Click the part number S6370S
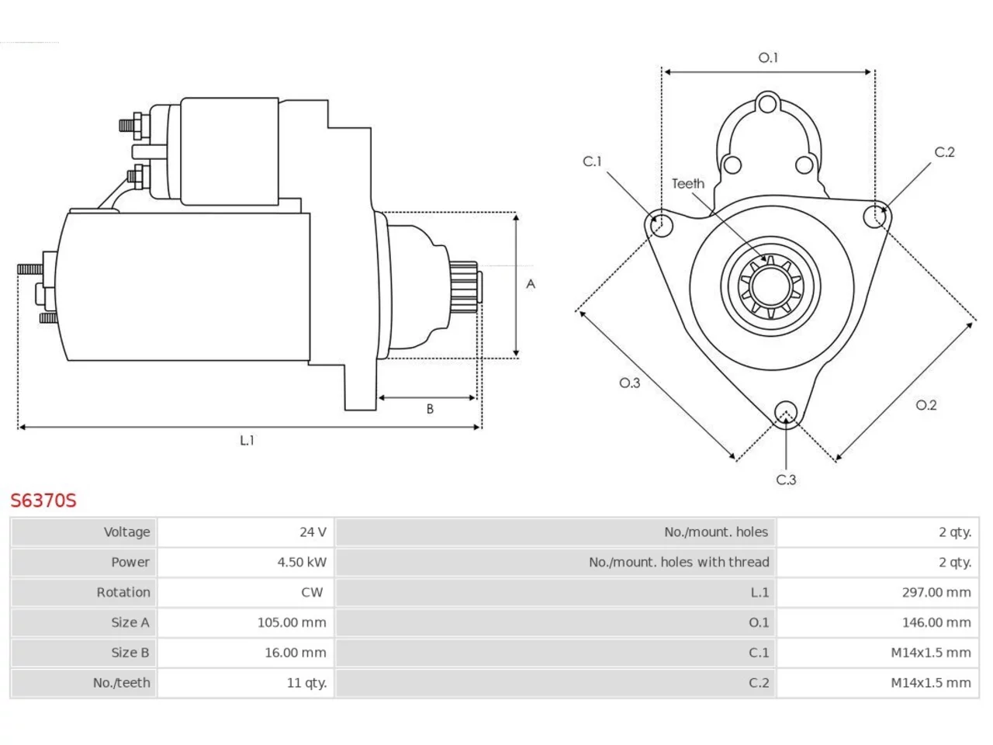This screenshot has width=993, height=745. coord(43,501)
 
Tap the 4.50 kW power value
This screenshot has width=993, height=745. coord(302,563)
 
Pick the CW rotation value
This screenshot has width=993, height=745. coord(312,592)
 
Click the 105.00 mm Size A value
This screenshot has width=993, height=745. coord(292,622)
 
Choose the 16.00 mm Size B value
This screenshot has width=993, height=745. coord(296,653)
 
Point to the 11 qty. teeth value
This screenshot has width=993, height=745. coord(306,683)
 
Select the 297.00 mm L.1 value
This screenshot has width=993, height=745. coord(936,592)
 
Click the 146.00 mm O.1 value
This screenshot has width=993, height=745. coord(936,622)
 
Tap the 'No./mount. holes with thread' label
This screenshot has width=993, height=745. coord(679,563)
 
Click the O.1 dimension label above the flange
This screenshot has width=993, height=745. coord(768,58)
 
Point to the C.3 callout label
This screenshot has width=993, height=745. coord(786,480)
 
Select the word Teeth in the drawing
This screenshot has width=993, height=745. coord(688,184)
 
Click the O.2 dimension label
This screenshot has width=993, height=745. coord(926,405)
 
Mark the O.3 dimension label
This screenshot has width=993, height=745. coord(630,383)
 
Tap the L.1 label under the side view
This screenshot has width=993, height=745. coord(247,440)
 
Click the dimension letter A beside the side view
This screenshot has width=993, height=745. coord(531,284)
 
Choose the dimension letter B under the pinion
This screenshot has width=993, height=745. coord(430,409)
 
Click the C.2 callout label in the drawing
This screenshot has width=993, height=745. coord(945,152)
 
